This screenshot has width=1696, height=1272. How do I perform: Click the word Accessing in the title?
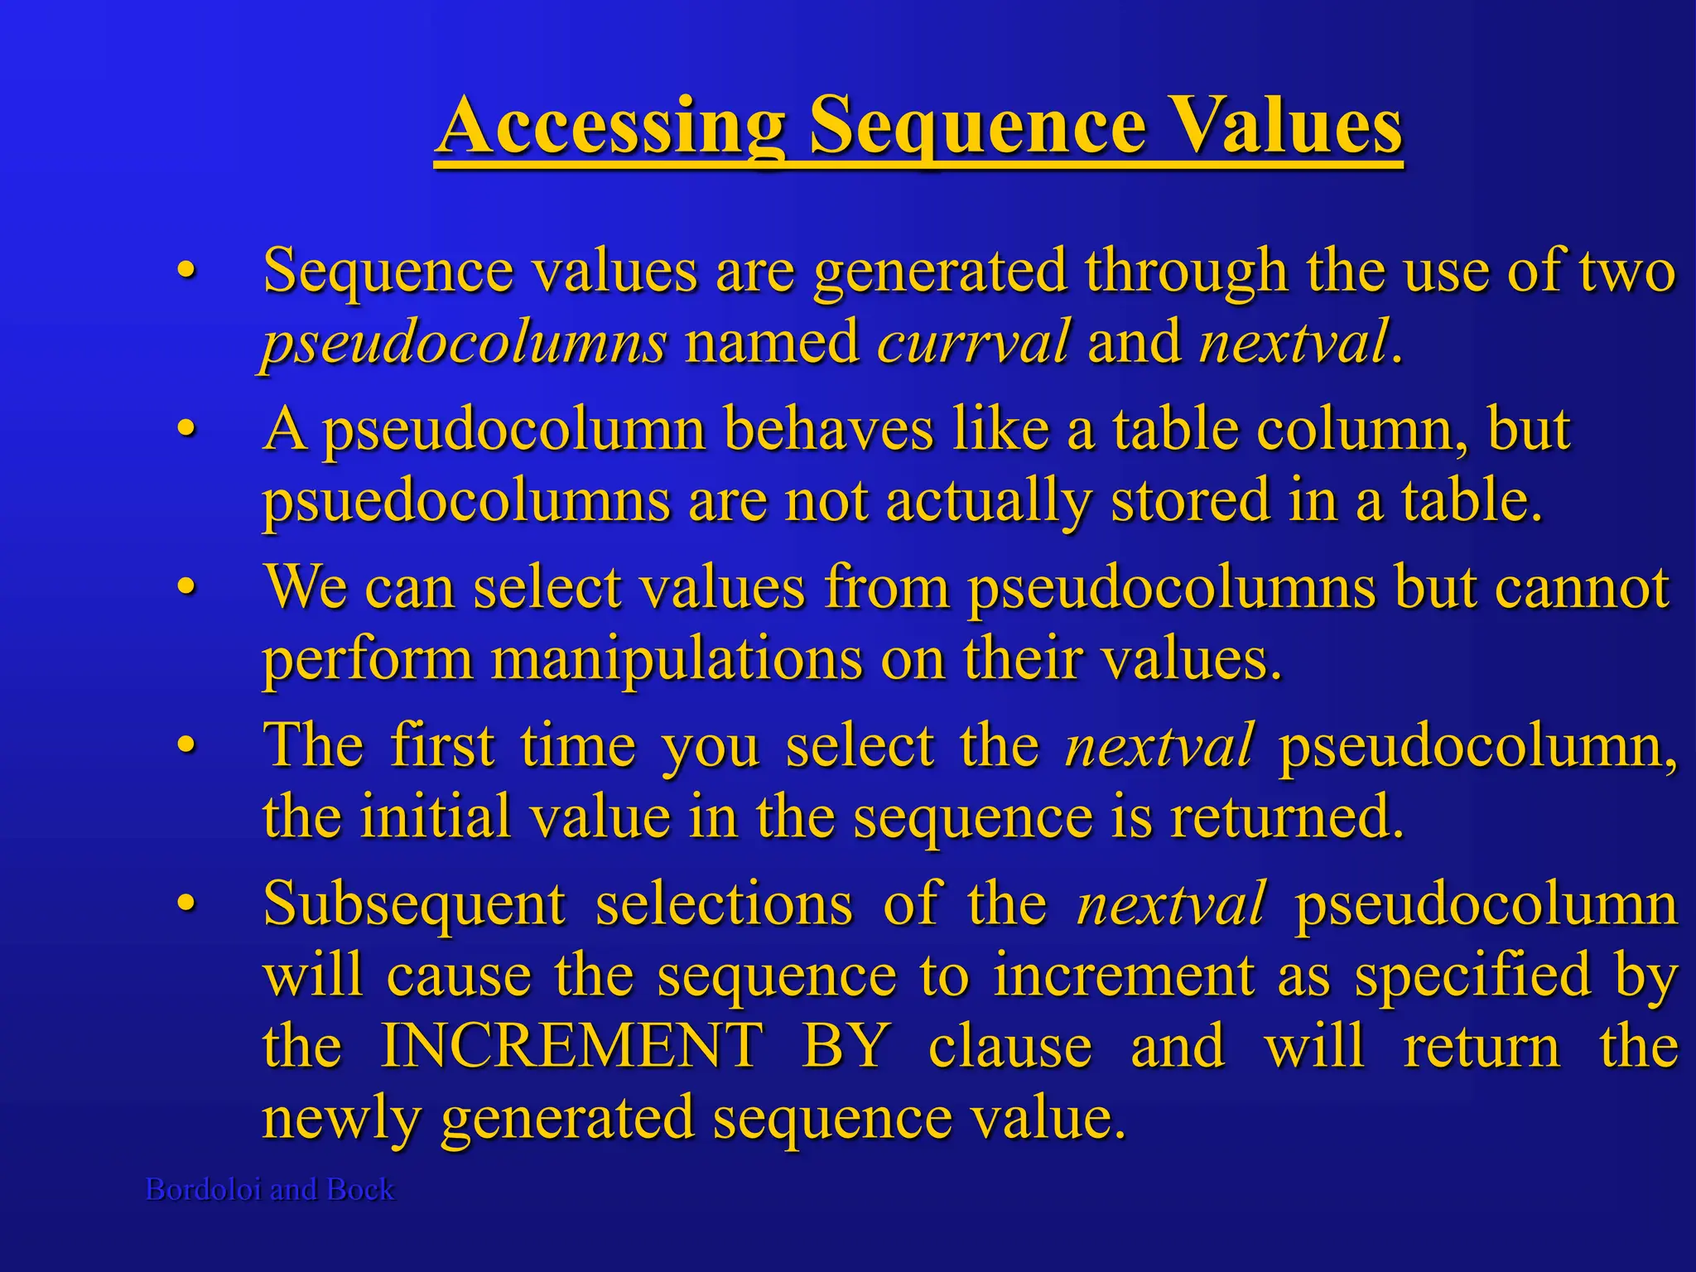(611, 126)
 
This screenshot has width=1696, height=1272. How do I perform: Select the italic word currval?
(973, 342)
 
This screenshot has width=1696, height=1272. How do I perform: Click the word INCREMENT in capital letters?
(571, 1046)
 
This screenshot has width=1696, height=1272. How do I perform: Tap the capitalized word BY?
(846, 1046)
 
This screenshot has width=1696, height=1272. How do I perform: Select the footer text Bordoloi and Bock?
(270, 1189)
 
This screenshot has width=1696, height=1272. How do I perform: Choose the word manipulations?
(677, 661)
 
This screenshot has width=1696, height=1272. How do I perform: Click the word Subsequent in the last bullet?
(414, 904)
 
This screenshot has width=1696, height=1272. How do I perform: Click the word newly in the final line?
(342, 1118)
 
